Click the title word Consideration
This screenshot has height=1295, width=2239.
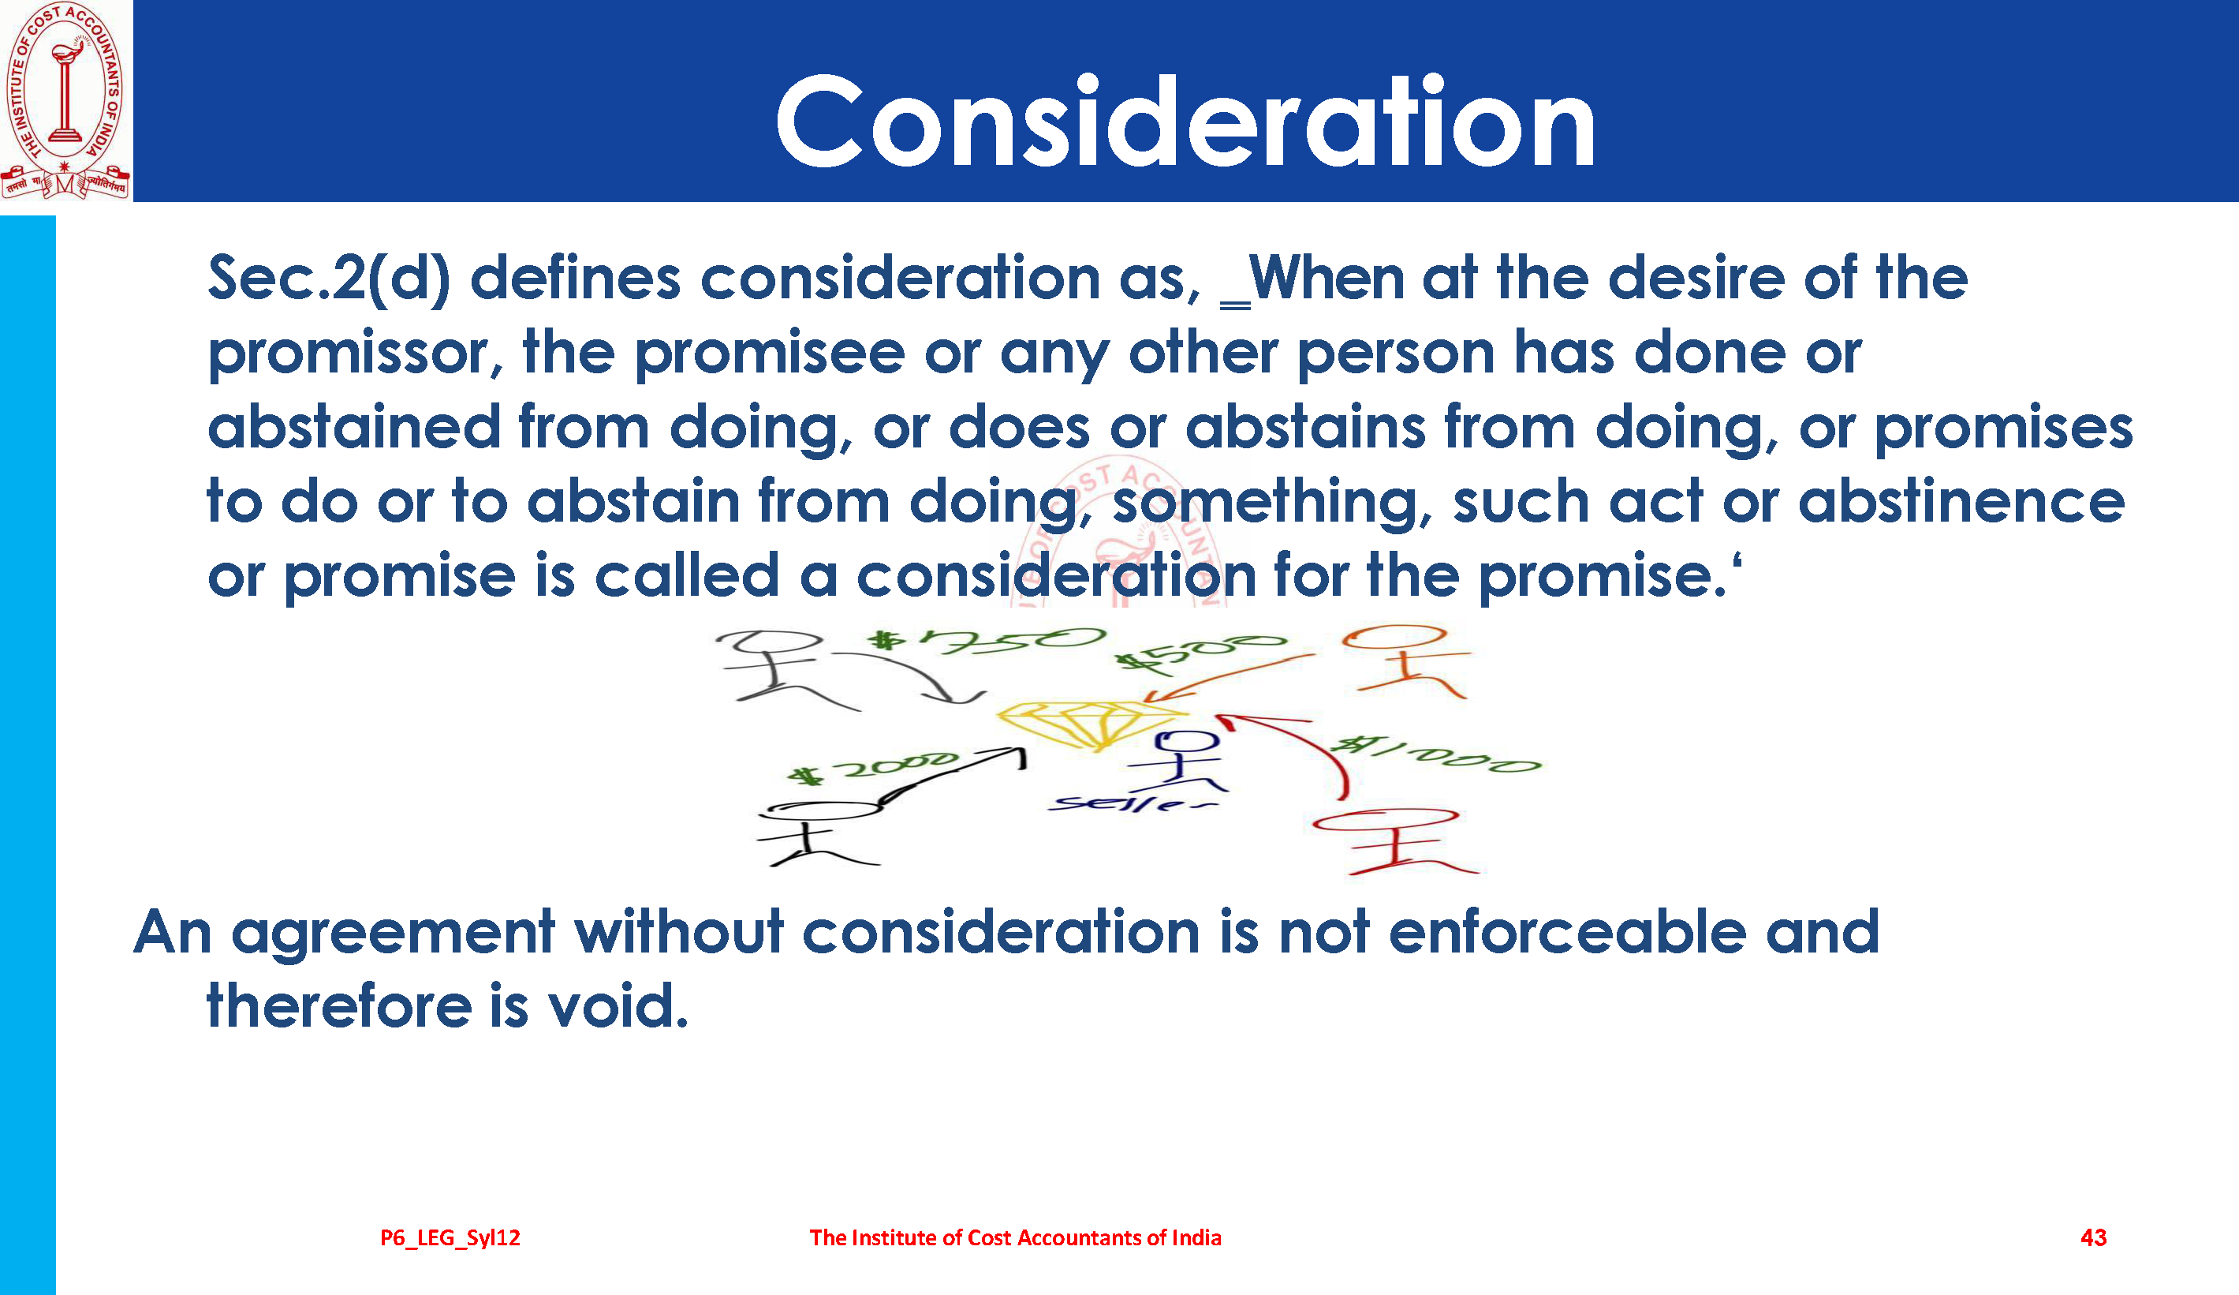click(1185, 122)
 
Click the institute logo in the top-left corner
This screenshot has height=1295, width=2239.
click(65, 100)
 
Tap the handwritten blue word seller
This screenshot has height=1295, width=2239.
click(1132, 803)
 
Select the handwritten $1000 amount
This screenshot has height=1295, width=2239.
click(1438, 754)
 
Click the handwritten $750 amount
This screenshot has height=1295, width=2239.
click(987, 640)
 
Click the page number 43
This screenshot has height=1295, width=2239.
click(2093, 1237)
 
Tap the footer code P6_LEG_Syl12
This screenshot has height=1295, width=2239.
click(450, 1238)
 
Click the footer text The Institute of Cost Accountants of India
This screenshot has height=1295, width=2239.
click(1015, 1237)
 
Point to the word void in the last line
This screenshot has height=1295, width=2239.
click(618, 1007)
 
